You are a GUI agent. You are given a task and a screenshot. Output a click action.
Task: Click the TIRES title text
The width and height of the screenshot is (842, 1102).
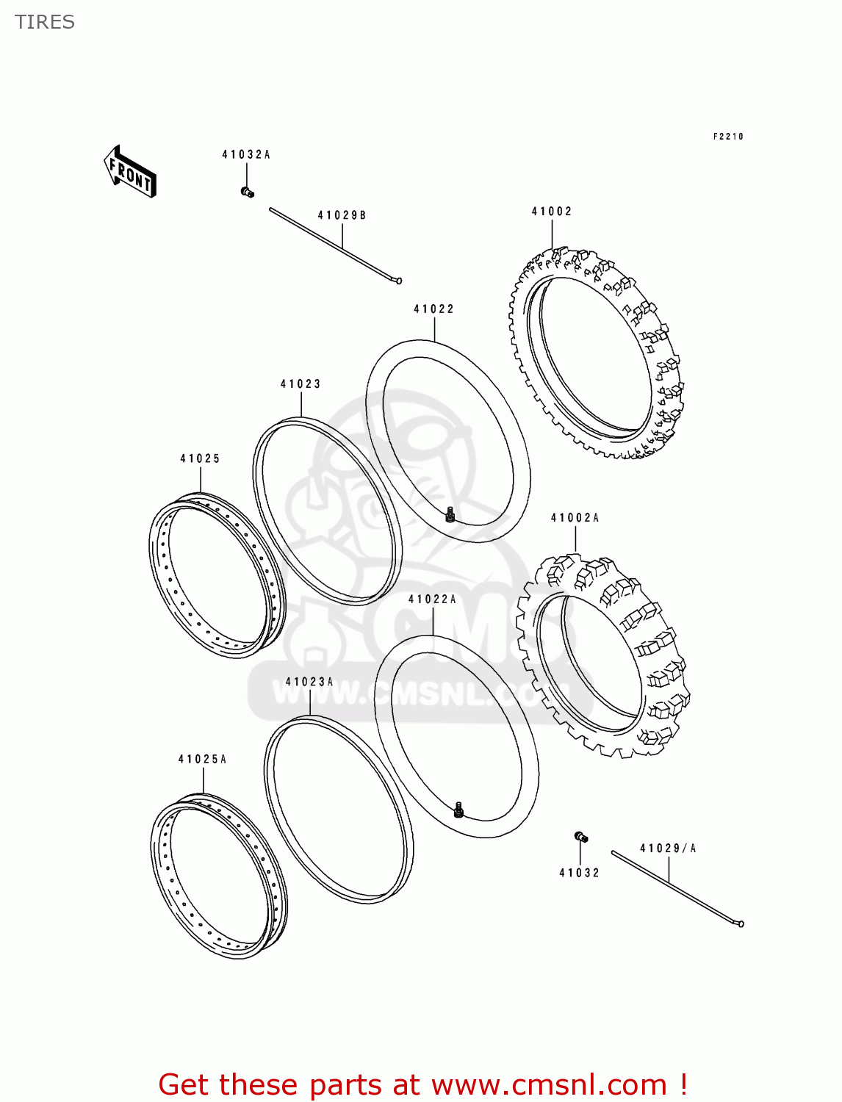point(45,22)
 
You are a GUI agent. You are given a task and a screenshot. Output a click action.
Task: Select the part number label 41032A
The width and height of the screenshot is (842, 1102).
point(246,154)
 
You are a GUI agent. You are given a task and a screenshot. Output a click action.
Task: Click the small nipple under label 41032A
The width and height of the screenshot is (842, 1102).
point(247,192)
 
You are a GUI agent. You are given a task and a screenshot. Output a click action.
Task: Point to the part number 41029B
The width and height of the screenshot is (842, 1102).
point(342,215)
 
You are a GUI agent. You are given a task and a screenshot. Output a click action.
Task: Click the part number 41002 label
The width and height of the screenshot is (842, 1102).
point(552,212)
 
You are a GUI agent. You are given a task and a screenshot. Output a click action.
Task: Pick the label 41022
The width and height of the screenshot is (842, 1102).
point(433,309)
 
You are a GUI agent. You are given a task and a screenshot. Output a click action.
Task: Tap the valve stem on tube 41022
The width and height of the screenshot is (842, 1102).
point(450,516)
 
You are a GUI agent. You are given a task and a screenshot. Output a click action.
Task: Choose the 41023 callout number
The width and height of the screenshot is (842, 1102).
point(301,384)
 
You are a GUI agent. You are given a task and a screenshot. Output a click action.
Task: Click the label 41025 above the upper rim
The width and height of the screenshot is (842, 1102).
point(200,458)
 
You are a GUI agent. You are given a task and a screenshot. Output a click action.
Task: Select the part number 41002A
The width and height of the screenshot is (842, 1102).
point(575,518)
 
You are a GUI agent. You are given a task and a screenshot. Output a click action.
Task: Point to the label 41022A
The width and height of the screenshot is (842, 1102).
point(432,599)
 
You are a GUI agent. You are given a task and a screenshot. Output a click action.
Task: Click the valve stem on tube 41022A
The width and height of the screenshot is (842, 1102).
point(459,810)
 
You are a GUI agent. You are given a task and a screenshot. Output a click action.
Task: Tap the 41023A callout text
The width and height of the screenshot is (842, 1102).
point(309,682)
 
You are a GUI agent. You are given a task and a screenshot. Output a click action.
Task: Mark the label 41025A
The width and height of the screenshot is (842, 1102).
point(202,759)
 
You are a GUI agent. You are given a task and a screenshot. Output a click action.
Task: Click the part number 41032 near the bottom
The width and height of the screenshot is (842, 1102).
point(579,873)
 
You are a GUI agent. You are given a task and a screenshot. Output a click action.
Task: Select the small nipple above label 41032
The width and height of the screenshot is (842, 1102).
point(580,837)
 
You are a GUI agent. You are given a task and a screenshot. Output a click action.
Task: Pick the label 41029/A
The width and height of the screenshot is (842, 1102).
point(668,849)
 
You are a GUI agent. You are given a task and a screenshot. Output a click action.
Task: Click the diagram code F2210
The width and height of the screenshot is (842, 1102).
point(728,137)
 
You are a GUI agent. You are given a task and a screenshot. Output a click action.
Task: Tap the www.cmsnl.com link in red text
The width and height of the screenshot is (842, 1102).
point(548,1085)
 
